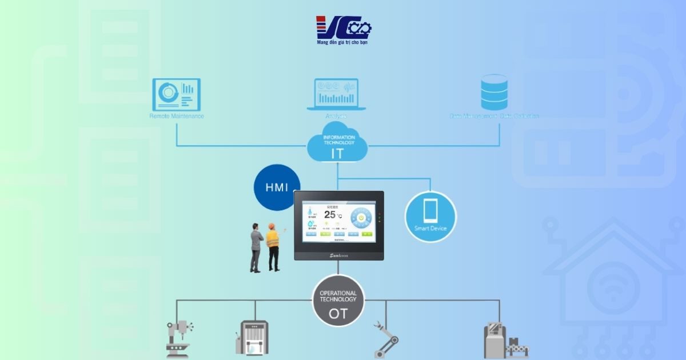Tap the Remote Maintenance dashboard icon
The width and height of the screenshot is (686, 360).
point(176,94)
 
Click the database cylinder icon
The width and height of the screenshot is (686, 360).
point(494,92)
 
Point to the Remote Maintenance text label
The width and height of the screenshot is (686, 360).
point(176,116)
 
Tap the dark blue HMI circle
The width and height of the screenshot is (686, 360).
point(277,187)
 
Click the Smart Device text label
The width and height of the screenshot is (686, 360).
point(430,229)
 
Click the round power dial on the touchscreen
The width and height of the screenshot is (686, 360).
point(361,218)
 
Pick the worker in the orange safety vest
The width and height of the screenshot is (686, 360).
point(273,247)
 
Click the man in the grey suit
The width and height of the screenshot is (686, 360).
point(256,247)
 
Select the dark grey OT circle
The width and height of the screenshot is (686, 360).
point(338,301)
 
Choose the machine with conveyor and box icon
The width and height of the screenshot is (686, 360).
point(504,341)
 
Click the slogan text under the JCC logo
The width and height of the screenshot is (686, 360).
point(342,43)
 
